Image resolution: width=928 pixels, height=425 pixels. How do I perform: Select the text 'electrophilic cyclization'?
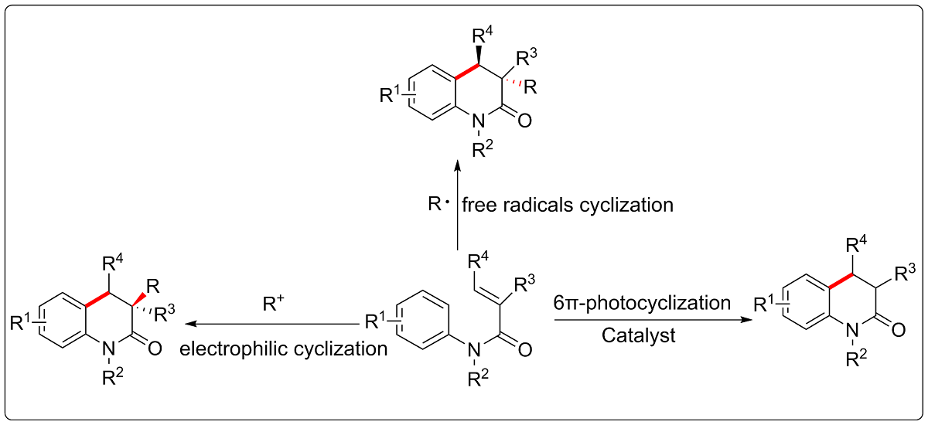point(284,348)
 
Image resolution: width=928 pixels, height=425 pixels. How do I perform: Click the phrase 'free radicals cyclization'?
point(568,206)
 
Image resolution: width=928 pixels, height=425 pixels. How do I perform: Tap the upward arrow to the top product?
point(457,205)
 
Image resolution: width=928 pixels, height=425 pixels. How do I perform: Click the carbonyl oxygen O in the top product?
point(526,121)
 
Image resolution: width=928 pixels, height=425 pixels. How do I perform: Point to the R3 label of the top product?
point(529,56)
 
